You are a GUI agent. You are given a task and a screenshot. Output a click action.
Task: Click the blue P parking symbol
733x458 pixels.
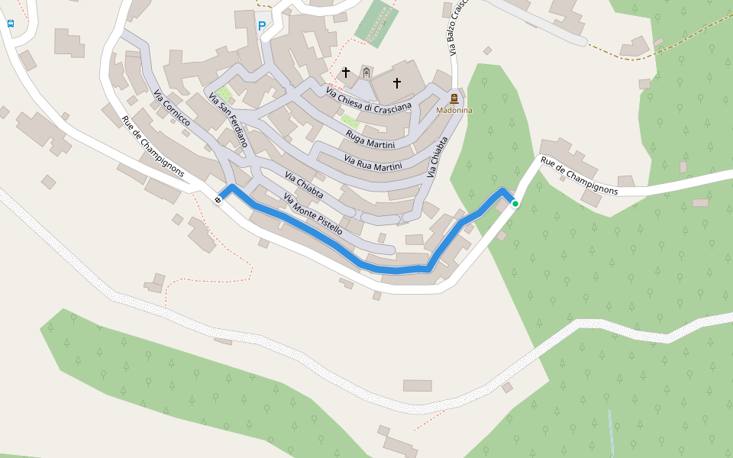tap(262, 26)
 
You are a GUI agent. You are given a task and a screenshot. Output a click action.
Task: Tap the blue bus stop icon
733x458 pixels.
tap(11, 24)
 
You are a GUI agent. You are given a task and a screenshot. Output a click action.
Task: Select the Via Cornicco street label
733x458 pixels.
tap(172, 108)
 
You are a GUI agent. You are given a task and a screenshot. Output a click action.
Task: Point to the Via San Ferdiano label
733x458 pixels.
tap(229, 120)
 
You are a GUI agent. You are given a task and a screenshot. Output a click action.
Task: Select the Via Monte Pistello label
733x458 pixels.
tap(312, 214)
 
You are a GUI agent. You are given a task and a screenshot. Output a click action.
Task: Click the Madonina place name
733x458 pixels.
tap(454, 110)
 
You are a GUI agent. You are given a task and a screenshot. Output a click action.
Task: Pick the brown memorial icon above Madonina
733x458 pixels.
tap(454, 98)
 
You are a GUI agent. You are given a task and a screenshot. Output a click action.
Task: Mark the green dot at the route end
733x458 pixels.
tap(515, 204)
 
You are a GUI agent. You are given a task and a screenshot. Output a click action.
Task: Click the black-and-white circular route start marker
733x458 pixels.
tap(218, 200)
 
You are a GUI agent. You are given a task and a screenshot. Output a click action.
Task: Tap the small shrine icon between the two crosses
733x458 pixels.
tap(366, 73)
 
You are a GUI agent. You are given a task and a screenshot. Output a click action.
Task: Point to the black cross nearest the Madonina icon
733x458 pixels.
tap(397, 82)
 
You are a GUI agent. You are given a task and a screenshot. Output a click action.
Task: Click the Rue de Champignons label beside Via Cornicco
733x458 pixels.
tap(153, 146)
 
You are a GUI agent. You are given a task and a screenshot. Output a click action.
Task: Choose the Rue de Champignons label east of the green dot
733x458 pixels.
tap(578, 176)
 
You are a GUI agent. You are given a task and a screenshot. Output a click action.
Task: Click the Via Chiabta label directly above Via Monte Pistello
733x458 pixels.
tap(304, 185)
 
